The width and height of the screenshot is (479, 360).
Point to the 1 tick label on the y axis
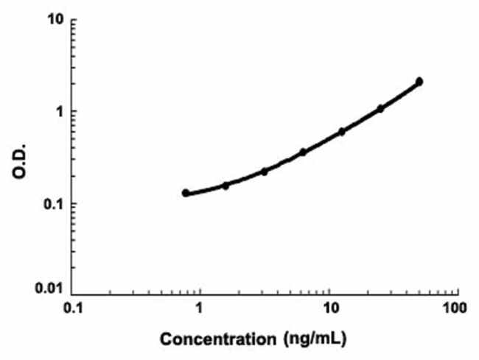click(x=60, y=111)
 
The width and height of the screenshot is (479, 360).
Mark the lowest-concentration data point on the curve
click(x=186, y=193)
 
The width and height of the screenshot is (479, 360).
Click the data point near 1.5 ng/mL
click(x=225, y=186)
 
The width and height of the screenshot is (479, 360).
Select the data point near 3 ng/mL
click(x=265, y=171)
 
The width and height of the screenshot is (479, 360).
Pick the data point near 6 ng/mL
click(x=303, y=152)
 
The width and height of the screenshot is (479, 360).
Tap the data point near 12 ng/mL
click(x=342, y=131)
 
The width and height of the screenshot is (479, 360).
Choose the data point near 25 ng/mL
click(x=381, y=108)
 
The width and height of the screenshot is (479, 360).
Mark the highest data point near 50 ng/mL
click(x=419, y=81)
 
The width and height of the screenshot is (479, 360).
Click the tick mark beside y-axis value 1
click(x=76, y=111)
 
